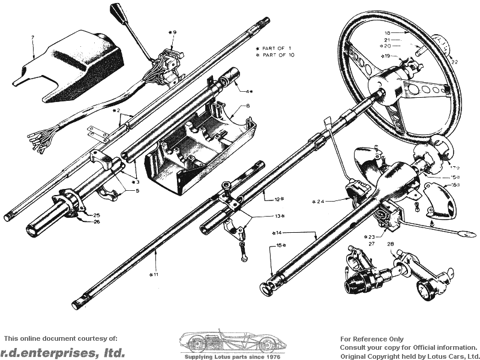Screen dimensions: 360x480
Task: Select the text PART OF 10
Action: [279, 55]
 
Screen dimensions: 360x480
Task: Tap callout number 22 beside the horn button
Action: [454, 61]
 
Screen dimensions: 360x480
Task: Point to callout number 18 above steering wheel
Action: [387, 33]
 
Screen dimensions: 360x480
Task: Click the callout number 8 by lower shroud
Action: [231, 106]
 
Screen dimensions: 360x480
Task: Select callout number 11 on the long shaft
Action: [155, 274]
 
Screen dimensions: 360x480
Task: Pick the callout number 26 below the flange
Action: [97, 221]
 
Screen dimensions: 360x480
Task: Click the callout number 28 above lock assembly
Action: [391, 244]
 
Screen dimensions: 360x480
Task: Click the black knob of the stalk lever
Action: [118, 10]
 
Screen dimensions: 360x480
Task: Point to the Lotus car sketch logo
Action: [230, 342]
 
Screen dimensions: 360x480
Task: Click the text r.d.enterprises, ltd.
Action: [63, 352]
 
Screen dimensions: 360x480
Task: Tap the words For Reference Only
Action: [372, 339]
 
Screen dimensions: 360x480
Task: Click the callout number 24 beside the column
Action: [319, 200]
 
